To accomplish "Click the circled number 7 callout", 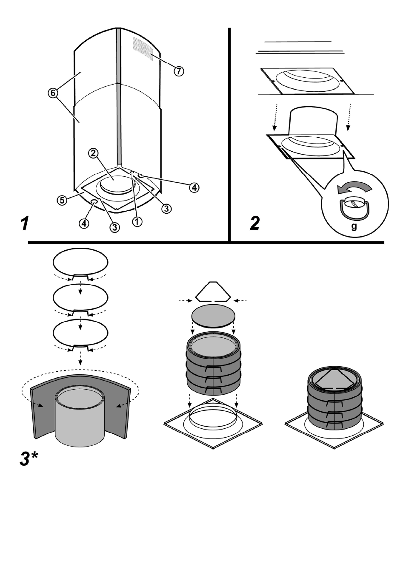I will coord(179,71).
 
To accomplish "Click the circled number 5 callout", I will coord(62,200).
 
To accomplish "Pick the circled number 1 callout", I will coord(137,221).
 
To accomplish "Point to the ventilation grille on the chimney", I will coord(142,48).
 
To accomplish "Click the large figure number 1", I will coord(25,223).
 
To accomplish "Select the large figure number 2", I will coord(254,223).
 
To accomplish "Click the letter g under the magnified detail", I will coord(354,227).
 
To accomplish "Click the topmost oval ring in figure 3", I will coord(80,262).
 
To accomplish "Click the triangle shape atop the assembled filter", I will coord(335,380).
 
